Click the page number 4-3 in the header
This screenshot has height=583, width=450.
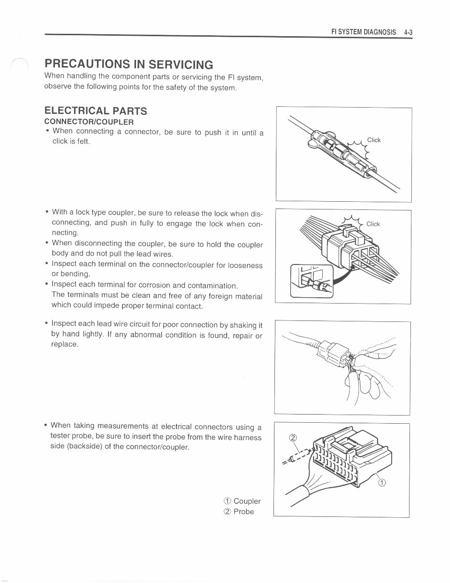point(408,32)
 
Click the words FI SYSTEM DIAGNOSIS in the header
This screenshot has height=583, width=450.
point(363,32)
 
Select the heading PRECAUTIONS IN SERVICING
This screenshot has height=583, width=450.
point(128,64)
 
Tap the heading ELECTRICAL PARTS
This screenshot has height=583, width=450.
point(95,111)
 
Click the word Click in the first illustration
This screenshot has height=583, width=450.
point(374,140)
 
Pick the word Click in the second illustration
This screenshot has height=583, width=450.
point(373,224)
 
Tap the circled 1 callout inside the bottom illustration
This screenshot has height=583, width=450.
point(382,484)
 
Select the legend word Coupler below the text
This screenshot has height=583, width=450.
point(247,501)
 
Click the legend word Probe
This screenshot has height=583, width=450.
point(244,512)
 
